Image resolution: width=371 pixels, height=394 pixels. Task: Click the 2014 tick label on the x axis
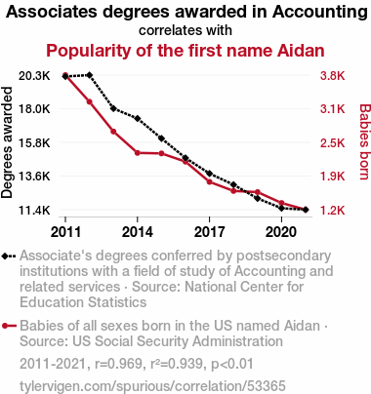click(x=138, y=232)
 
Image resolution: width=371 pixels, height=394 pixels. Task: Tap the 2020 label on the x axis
click(x=281, y=232)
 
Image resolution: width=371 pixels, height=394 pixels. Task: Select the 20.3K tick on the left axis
click(x=34, y=76)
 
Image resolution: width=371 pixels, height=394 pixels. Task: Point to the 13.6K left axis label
click(x=34, y=177)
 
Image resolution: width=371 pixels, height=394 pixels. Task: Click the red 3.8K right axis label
click(x=332, y=76)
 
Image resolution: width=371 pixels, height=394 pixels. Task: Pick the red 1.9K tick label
click(x=332, y=177)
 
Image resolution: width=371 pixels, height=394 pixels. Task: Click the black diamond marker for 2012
click(x=90, y=75)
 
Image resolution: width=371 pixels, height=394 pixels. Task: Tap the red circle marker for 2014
click(x=138, y=153)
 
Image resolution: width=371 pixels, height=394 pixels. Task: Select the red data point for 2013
click(x=113, y=132)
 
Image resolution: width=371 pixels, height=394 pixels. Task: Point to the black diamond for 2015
click(x=161, y=138)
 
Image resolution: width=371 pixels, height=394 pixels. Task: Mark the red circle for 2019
click(x=258, y=192)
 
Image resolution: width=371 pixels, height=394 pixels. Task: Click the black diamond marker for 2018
click(x=233, y=185)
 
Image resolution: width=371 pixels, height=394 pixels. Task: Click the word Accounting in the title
click(x=320, y=13)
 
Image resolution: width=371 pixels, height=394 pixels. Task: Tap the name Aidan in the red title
click(x=301, y=51)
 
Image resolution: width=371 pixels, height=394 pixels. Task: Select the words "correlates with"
click(x=185, y=30)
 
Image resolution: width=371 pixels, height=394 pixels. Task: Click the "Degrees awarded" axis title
click(x=7, y=142)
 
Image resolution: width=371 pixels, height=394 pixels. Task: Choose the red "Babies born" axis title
click(x=364, y=141)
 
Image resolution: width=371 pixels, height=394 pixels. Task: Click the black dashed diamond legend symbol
click(x=9, y=256)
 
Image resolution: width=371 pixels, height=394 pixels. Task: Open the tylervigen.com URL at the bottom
click(x=152, y=386)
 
